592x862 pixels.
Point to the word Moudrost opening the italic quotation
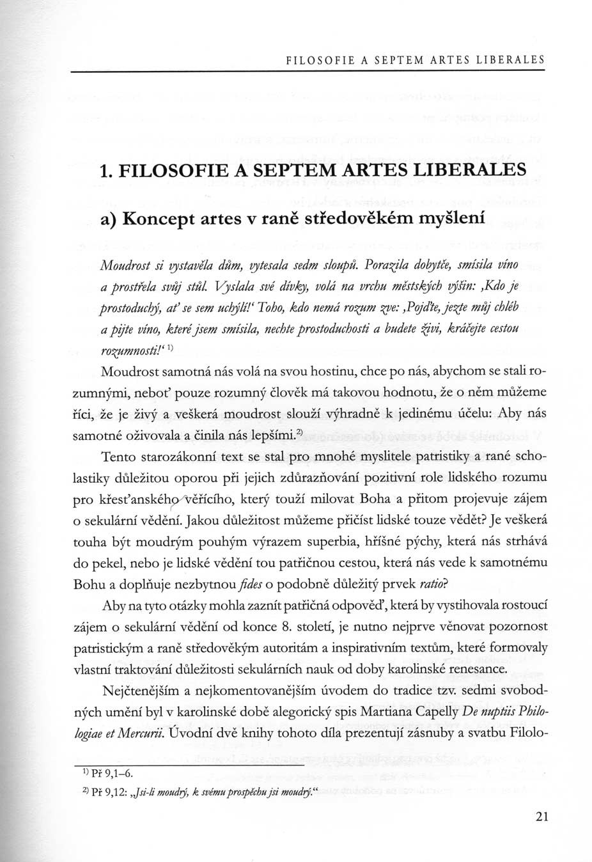tap(125, 264)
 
